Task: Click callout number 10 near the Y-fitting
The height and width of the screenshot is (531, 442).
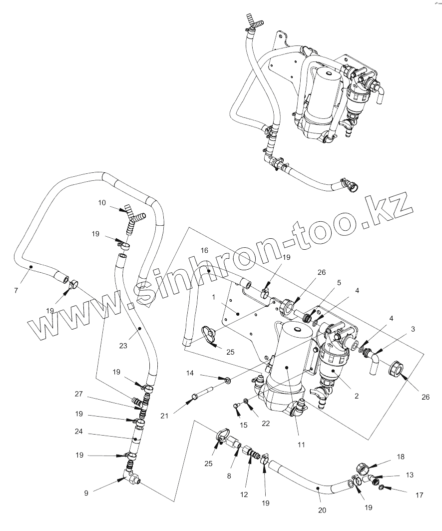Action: (102, 203)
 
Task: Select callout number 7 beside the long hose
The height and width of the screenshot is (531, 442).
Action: (16, 290)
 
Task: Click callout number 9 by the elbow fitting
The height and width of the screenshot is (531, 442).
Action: (86, 493)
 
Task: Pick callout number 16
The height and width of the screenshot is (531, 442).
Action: (204, 250)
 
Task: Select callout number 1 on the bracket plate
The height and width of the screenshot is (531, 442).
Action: (214, 296)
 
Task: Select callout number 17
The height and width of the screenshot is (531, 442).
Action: (419, 495)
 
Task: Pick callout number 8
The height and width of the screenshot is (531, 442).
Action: (229, 476)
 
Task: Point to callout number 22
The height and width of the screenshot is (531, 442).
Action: (265, 423)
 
